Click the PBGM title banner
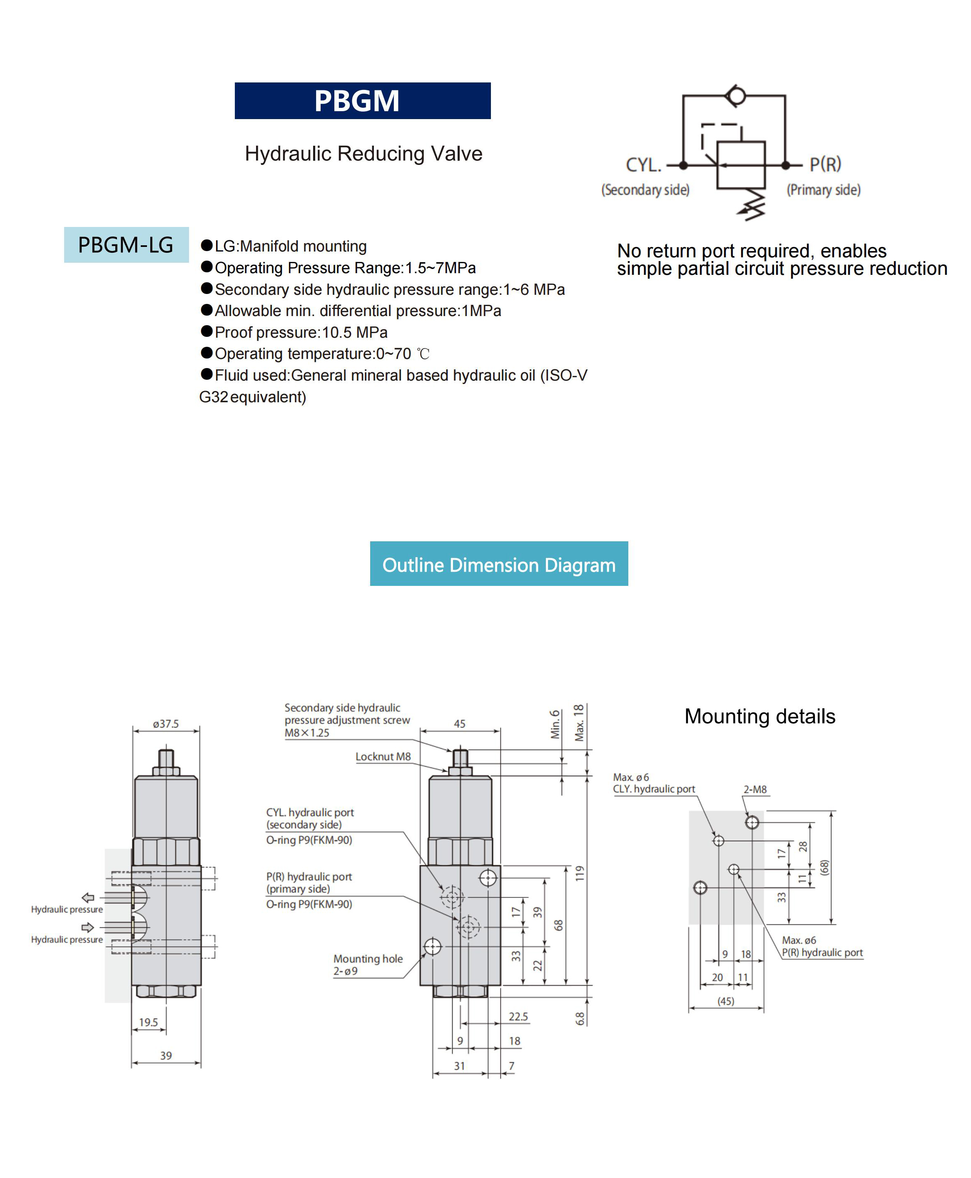tap(362, 101)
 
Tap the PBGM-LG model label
tap(126, 245)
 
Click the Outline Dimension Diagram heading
tap(498, 564)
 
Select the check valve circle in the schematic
tap(735, 96)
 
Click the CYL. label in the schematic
tap(643, 165)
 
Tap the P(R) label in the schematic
tap(825, 164)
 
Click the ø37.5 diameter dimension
tap(166, 724)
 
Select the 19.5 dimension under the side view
tap(148, 1022)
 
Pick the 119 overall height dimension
tap(580, 873)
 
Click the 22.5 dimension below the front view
tap(518, 1016)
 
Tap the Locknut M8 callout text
tap(383, 756)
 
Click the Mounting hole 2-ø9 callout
tap(368, 965)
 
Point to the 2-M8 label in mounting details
tap(754, 789)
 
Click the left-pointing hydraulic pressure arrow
tap(88, 898)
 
